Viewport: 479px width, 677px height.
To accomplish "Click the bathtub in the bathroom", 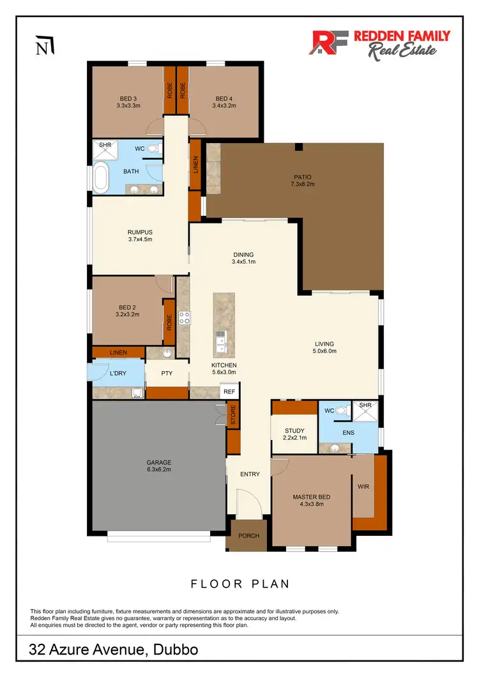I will pos(101,178).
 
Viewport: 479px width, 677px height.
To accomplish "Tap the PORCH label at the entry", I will pos(248,535).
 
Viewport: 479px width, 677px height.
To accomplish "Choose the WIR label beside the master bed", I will pos(363,487).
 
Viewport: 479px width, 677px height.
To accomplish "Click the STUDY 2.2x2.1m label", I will pos(294,434).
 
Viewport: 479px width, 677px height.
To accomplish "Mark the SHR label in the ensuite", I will pos(365,406).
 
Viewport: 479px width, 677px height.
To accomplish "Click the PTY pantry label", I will pos(167,372).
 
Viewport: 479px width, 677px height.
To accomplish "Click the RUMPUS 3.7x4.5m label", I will pos(139,236).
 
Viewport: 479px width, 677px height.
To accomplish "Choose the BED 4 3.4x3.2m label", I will pos(224,102).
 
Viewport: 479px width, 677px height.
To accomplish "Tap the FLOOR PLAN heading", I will pos(240,583).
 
